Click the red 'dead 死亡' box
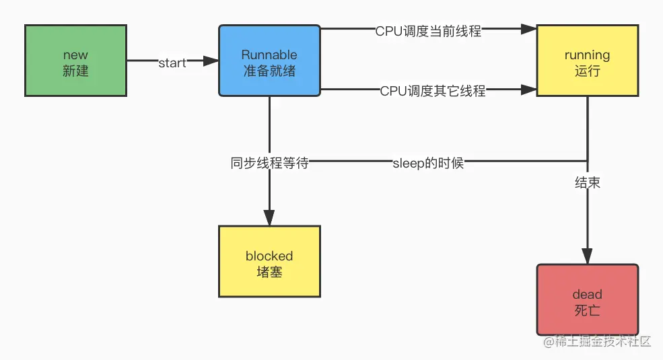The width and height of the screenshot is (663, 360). (x=587, y=300)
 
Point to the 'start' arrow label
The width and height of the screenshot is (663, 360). (x=172, y=63)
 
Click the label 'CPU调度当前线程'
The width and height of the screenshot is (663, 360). (x=428, y=30)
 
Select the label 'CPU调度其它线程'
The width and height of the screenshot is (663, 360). (x=432, y=91)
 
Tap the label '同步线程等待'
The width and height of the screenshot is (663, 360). (x=269, y=163)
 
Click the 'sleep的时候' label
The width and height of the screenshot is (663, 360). (x=428, y=163)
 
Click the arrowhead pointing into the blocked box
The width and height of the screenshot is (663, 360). (x=269, y=217)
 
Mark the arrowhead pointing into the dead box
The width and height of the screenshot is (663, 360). (x=587, y=256)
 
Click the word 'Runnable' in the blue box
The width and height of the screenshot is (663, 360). (x=269, y=55)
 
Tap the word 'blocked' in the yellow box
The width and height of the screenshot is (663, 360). (x=269, y=256)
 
